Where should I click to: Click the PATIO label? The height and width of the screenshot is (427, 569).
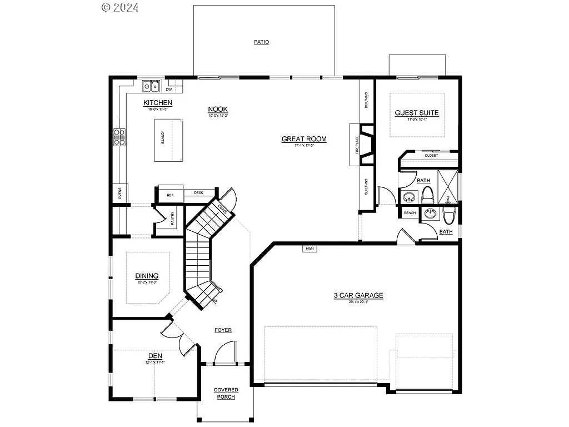[262, 42]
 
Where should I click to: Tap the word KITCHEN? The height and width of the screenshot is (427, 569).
[158, 103]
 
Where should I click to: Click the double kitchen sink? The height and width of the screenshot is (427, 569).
[151, 86]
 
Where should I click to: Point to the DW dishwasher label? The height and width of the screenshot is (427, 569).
[168, 89]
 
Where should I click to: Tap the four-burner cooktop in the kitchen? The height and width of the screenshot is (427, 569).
[119, 137]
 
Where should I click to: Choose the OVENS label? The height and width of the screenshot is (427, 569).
[120, 193]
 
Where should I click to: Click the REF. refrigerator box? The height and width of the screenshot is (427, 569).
[171, 195]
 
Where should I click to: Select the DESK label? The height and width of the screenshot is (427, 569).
[198, 193]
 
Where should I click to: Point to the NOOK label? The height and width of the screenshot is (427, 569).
[218, 110]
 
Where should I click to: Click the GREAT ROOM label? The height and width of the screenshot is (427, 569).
[304, 139]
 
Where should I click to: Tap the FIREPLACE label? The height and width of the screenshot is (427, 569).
[356, 145]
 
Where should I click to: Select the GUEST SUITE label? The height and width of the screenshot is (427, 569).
[417, 113]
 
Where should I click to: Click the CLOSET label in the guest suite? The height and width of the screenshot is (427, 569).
[431, 156]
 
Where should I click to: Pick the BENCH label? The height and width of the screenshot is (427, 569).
[410, 213]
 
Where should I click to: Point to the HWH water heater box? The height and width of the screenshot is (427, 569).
[310, 249]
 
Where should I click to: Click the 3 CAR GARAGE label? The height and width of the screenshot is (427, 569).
[358, 296]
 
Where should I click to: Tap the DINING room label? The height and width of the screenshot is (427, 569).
[147, 276]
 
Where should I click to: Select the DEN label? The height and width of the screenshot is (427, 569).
[154, 356]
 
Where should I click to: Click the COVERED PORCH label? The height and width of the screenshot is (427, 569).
[226, 393]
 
